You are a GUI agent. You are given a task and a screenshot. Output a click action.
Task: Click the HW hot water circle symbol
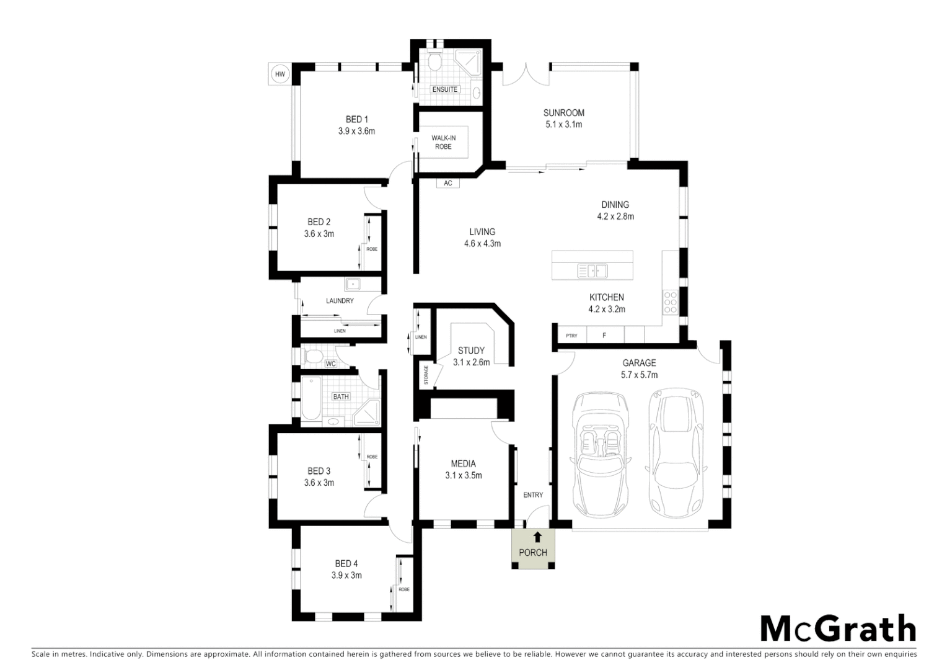point(280,74)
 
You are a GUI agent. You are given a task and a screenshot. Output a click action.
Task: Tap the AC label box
point(448,183)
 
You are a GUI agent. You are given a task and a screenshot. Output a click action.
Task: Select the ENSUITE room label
point(445,89)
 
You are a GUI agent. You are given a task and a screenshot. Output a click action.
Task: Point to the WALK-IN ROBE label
point(443,142)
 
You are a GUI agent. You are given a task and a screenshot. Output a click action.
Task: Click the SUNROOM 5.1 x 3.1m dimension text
point(563,124)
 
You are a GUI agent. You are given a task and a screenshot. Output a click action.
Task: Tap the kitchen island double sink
point(592,270)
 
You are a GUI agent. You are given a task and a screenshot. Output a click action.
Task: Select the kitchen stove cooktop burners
point(670,301)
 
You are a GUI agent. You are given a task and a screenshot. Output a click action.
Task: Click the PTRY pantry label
point(571,336)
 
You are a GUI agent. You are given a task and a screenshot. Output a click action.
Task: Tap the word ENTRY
point(533,494)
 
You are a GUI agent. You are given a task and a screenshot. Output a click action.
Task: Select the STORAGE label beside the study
point(426,375)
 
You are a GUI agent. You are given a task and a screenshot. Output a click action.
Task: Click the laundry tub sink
point(354,285)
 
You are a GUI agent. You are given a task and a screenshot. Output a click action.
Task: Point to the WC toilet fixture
point(313,357)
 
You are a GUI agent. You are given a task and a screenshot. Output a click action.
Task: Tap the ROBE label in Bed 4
point(403,589)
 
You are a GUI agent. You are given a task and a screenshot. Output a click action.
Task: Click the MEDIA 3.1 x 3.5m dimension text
point(463,476)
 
